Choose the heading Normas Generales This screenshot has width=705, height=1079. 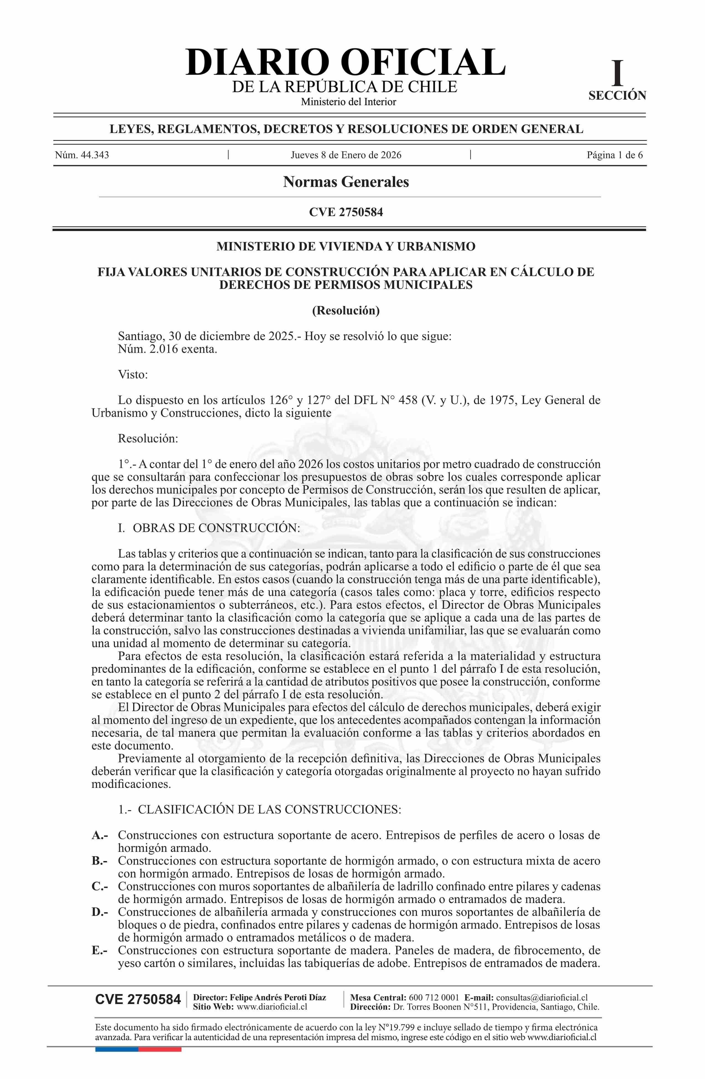click(x=346, y=182)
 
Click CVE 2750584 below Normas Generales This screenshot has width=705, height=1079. click(x=346, y=212)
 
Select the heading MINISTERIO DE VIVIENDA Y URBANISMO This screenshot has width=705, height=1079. click(x=346, y=247)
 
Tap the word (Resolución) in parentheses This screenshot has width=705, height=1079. click(x=346, y=310)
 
